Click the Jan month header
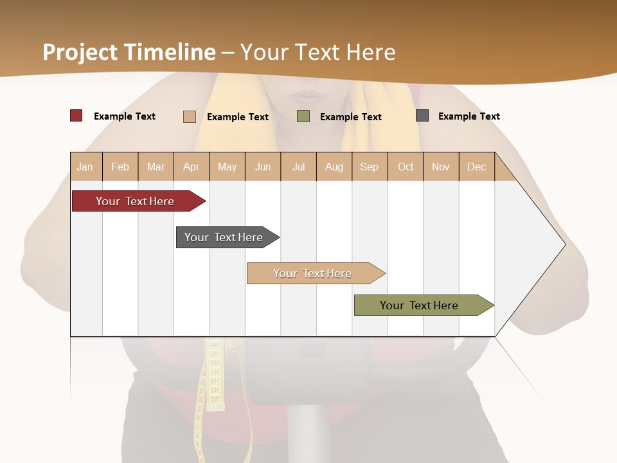coord(85,167)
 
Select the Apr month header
coord(192,167)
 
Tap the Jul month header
coord(299,167)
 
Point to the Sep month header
coord(370,167)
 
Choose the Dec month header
coord(477,167)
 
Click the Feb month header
coord(120,167)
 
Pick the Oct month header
coord(406,167)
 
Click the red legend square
coord(76,116)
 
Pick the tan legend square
coord(190,116)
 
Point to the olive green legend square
coord(303,116)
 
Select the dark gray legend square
coord(422,116)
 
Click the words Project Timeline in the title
coord(129,52)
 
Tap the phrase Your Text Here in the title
coord(318,52)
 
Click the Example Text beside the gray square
coord(469,116)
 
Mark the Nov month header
coord(441,167)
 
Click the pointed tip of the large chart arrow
coord(564,244)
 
